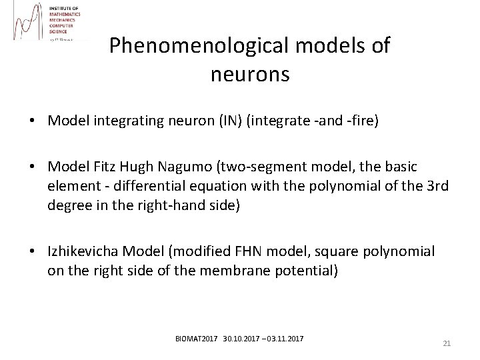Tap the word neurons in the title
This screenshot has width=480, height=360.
pyautogui.click(x=250, y=74)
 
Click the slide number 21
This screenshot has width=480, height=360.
pyautogui.click(x=447, y=343)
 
